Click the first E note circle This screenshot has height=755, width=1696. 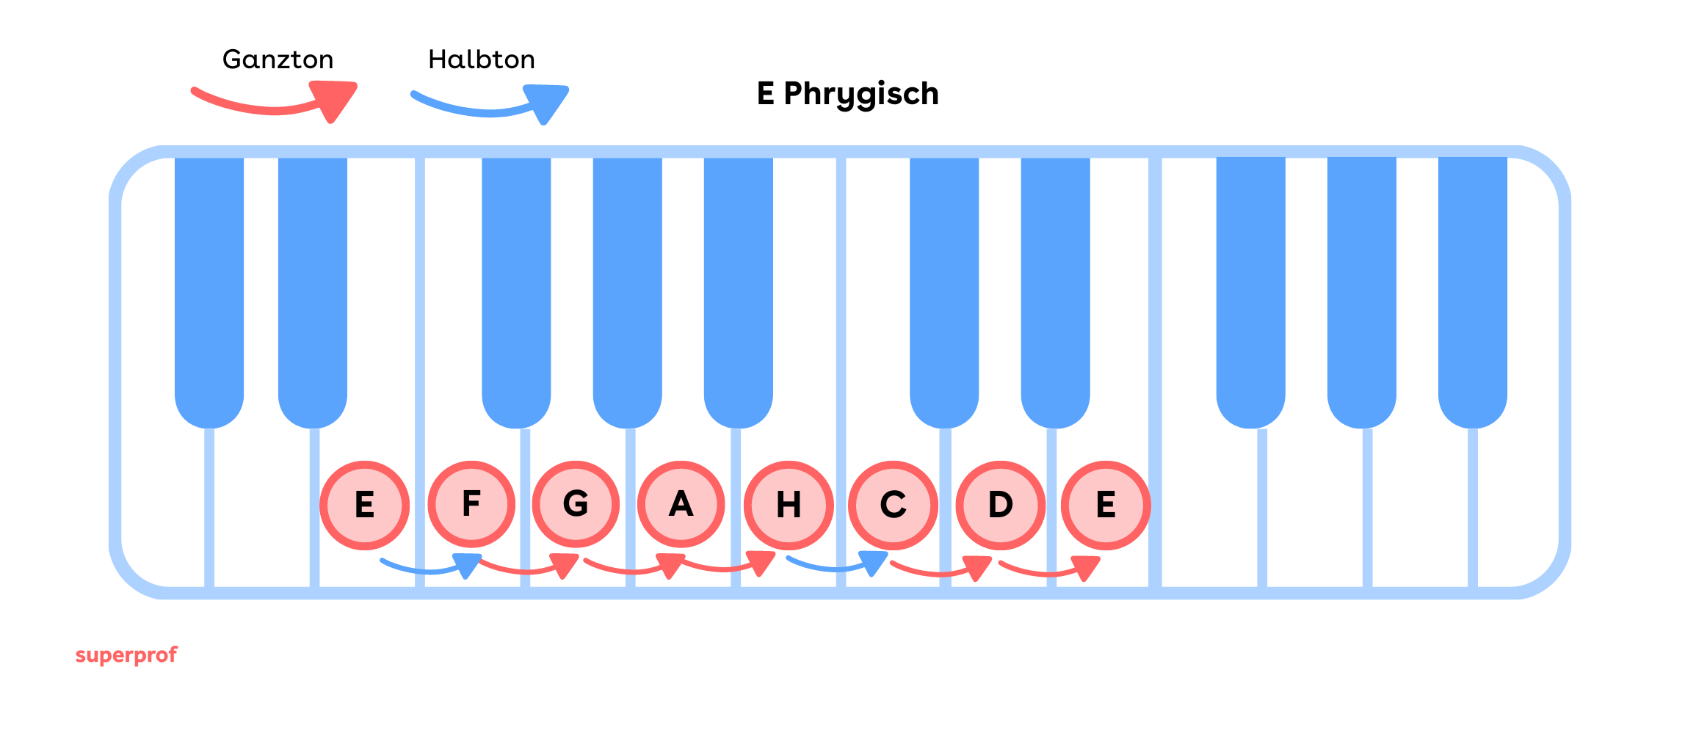pos(364,505)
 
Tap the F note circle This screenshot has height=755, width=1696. pos(471,504)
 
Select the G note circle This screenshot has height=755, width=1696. pos(576,504)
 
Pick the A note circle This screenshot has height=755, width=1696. pos(681,504)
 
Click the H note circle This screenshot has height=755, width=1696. pos(789,505)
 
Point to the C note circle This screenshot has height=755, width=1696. pos(893,505)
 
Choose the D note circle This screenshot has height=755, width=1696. pos(1000,505)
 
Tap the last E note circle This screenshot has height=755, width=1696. pos(1106,505)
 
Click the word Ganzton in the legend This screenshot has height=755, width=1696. pos(278,59)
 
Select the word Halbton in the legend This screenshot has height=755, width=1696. pos(482,59)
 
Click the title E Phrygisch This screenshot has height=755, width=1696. pos(848,94)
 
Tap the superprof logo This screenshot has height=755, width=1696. pos(126,654)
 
